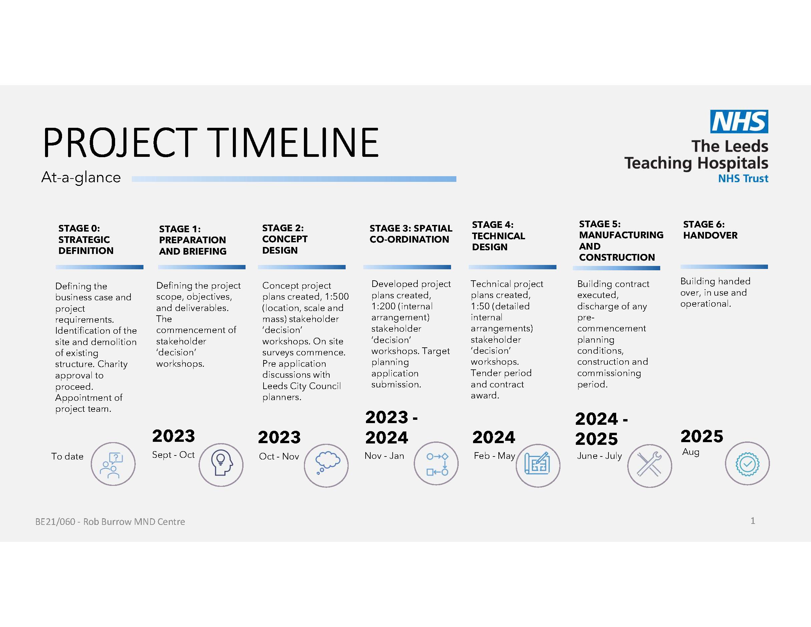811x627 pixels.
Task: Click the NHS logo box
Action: [739, 121]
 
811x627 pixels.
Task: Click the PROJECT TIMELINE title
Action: [211, 142]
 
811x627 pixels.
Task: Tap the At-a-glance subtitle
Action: [81, 178]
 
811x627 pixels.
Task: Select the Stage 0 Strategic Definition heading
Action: [86, 239]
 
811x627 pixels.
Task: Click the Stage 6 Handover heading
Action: [710, 230]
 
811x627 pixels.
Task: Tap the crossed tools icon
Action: [649, 464]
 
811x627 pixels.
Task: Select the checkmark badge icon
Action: [747, 463]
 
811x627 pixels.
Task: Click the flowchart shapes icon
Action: [437, 464]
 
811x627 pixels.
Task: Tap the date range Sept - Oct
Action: [173, 455]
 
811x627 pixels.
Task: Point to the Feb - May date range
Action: [494, 456]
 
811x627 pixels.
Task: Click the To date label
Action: [67, 456]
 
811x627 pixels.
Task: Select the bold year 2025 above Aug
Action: [702, 436]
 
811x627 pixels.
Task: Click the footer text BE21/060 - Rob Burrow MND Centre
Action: [110, 522]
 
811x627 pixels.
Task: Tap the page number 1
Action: [753, 521]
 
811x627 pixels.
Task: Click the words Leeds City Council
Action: [301, 386]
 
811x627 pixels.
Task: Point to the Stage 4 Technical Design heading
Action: [498, 236]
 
